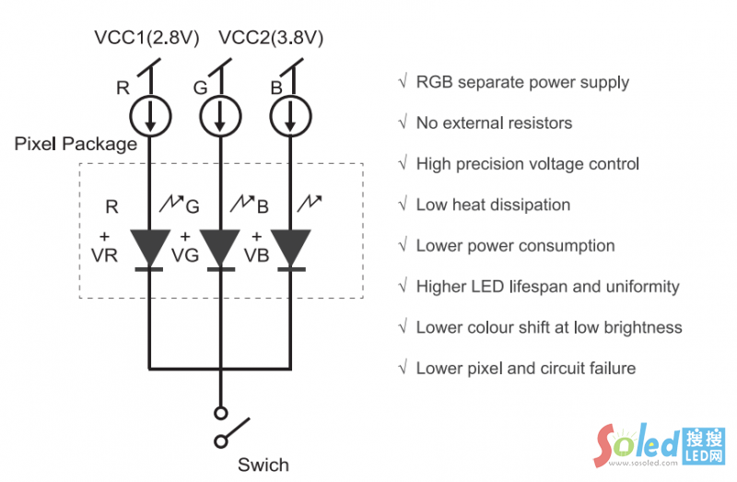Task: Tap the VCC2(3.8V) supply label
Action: (x=271, y=38)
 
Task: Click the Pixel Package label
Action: (x=76, y=145)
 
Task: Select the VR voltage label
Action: (x=105, y=255)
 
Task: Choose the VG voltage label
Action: (x=185, y=255)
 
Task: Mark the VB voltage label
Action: (x=256, y=255)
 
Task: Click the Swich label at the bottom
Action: (x=263, y=464)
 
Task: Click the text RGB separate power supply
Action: (x=522, y=82)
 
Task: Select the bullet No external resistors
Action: (x=494, y=123)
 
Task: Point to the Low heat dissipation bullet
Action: (x=493, y=205)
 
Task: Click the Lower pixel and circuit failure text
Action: (x=525, y=369)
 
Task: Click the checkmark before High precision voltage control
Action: (x=403, y=164)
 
